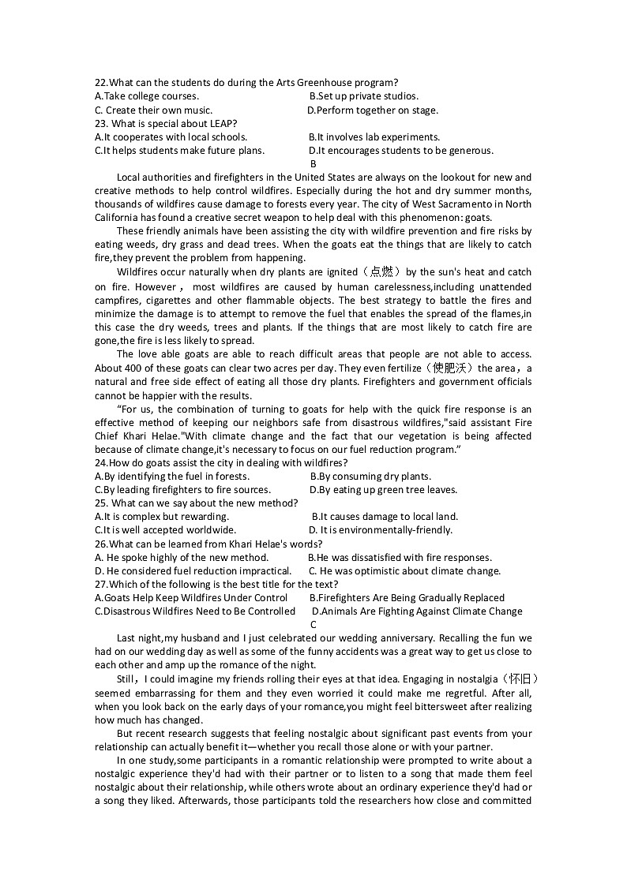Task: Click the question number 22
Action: pos(100,83)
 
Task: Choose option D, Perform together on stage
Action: pos(372,110)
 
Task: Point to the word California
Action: pos(117,218)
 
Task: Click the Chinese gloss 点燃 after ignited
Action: pos(386,272)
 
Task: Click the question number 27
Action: pos(100,585)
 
